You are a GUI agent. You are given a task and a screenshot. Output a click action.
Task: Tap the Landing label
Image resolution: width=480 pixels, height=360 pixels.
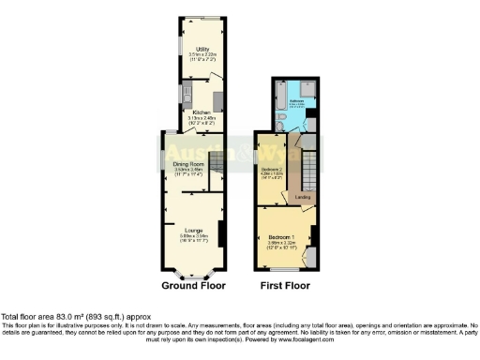click(x=303, y=197)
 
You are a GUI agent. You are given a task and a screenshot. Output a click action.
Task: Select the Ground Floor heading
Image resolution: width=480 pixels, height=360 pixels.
click(x=191, y=285)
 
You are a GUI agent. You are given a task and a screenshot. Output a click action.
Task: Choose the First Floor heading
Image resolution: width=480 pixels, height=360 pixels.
click(x=286, y=285)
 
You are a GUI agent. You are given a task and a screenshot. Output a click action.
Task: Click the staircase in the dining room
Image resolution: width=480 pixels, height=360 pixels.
click(x=215, y=164)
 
